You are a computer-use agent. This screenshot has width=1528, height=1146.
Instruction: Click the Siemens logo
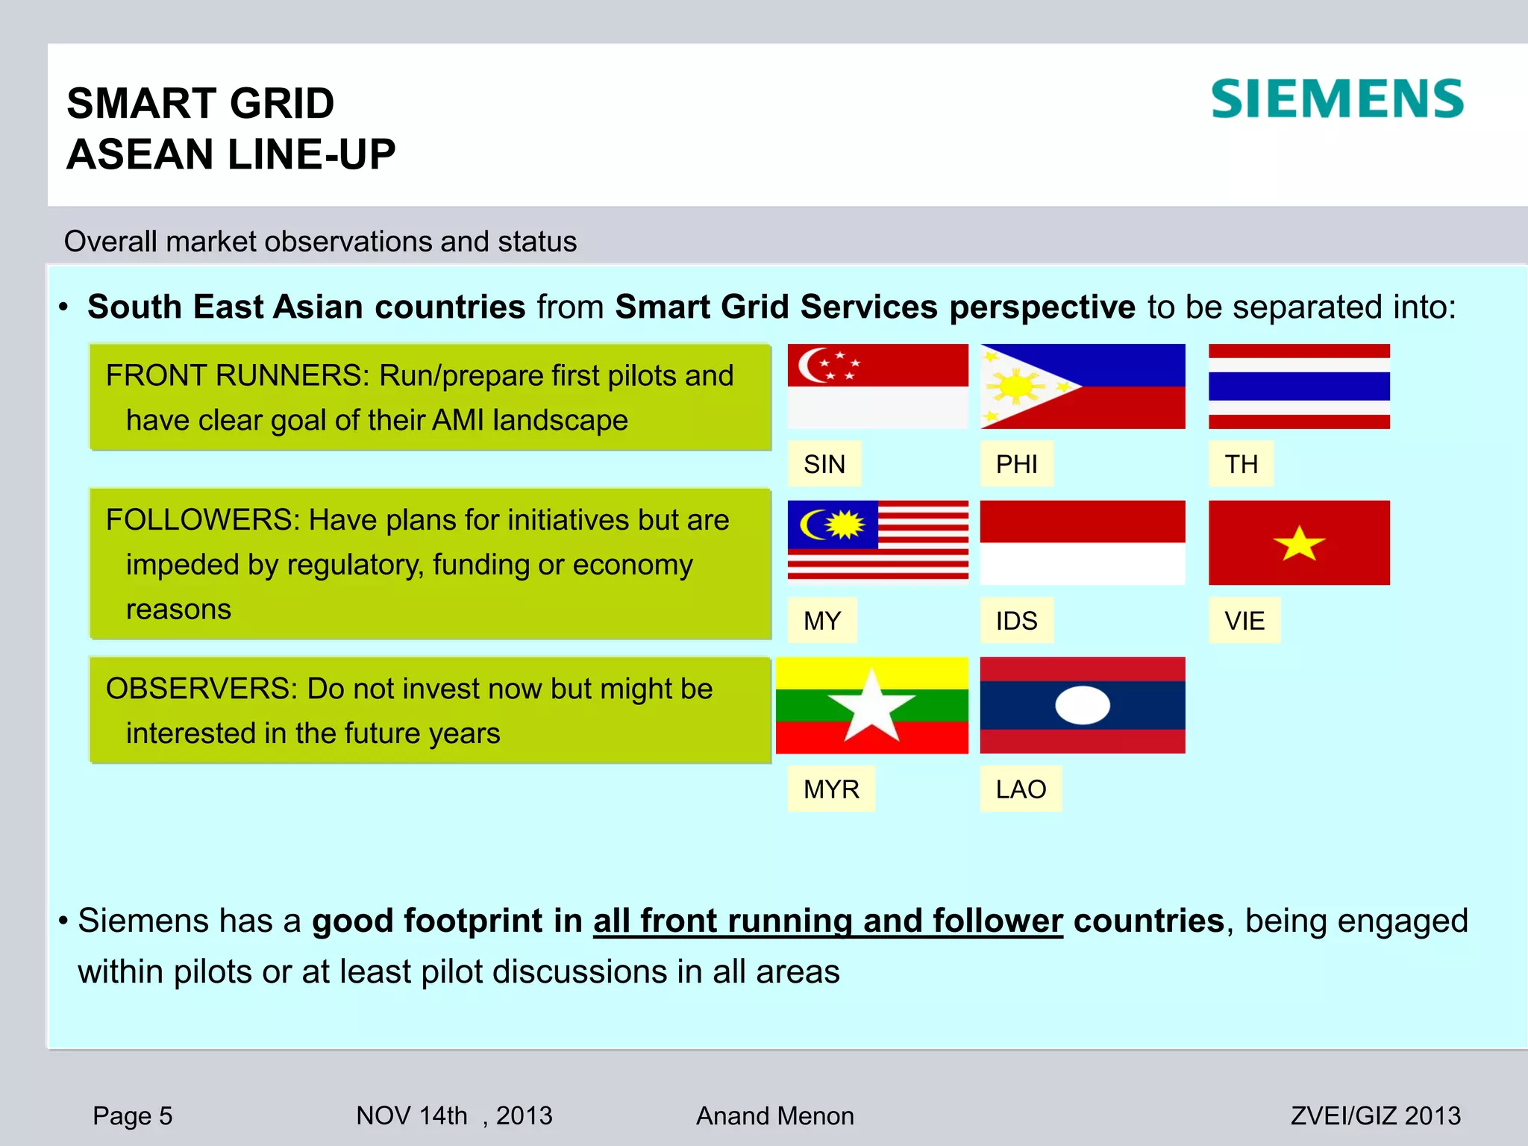pos(1337,99)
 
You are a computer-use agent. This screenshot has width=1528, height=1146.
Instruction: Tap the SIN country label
pos(824,464)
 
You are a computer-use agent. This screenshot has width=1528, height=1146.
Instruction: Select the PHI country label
pos(1016,464)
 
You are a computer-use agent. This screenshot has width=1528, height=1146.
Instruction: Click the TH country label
pos(1241,464)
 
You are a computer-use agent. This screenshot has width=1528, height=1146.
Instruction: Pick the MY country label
pos(822,621)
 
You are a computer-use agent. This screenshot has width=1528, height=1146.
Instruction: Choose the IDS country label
pos(1016,621)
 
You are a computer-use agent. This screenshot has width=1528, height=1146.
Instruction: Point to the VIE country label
pos(1244,621)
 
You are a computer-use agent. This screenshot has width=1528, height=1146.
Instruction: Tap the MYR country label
pos(831,789)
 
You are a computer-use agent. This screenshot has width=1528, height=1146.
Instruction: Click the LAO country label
pos(1021,789)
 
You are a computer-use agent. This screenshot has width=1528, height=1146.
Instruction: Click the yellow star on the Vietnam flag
pos(1299,544)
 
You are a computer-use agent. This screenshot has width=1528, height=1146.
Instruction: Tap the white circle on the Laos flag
pos(1083,705)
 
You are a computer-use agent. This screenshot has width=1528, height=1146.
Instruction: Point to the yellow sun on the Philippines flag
pos(1015,386)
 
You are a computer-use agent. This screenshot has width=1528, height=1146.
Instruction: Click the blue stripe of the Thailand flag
pos(1299,386)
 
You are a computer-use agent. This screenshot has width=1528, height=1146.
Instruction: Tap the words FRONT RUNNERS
pos(237,375)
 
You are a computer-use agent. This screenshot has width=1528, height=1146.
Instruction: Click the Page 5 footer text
pos(132,1116)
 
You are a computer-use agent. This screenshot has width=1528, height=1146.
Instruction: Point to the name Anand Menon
pos(774,1116)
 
